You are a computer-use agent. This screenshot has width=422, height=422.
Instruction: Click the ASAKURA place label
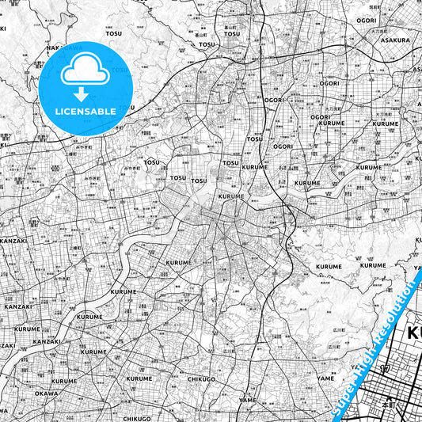[394, 40]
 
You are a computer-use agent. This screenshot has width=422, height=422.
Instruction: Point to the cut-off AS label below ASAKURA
[416, 69]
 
